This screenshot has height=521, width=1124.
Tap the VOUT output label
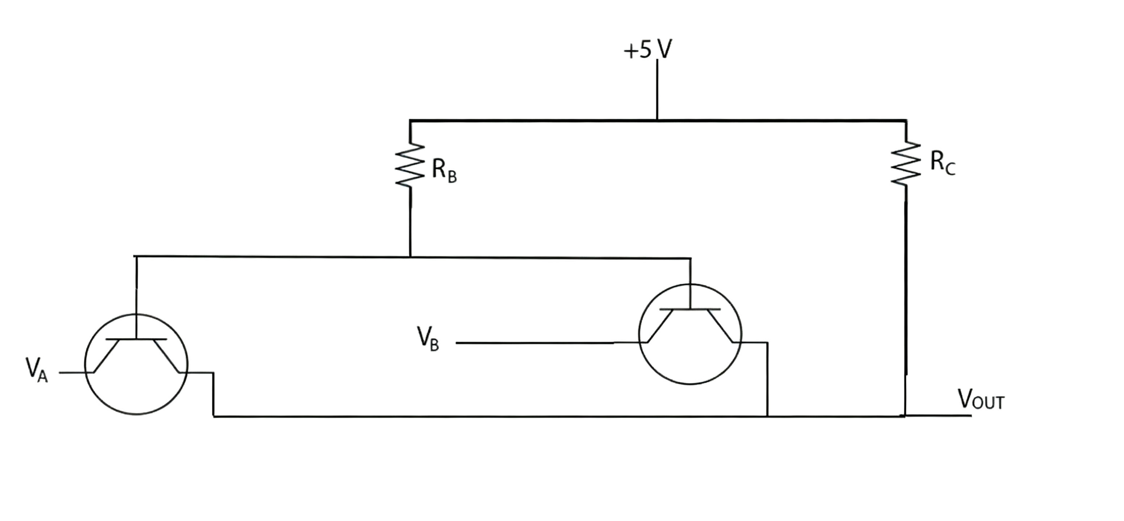[x=981, y=399]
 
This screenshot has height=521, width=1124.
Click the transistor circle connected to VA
[x=136, y=364]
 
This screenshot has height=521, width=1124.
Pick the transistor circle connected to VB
[x=690, y=334]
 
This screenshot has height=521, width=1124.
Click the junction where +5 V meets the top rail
[x=657, y=119]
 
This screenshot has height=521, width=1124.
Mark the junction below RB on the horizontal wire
[x=410, y=257]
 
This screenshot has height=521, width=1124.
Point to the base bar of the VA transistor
[x=136, y=339]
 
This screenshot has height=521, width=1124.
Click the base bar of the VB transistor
[x=690, y=309]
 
